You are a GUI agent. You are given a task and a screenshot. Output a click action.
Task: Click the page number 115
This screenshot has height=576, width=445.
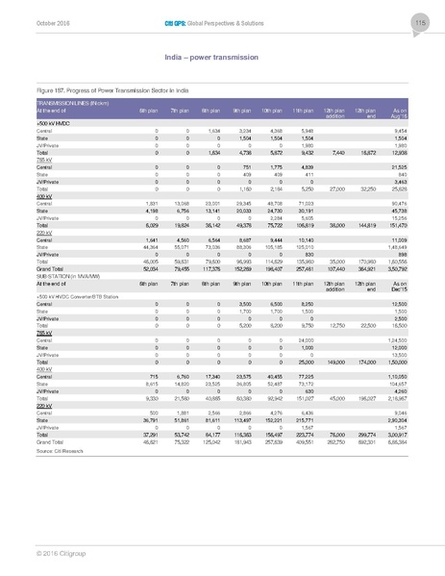tap(419, 22)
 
